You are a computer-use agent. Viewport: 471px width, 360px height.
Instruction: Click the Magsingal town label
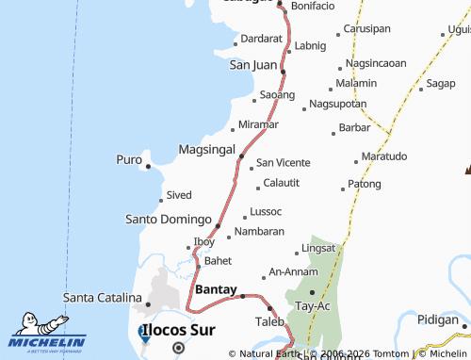[x=206, y=151]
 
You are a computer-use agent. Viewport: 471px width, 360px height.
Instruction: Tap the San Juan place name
[x=253, y=65]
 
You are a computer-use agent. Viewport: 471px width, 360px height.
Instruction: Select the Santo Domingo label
[x=169, y=219]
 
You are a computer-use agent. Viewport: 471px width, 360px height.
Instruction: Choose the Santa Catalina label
[x=102, y=298]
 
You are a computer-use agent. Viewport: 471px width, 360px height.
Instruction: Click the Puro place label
[x=129, y=159]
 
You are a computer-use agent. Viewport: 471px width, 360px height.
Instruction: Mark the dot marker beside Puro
[x=148, y=167]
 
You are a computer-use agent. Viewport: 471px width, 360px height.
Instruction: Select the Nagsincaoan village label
[x=376, y=63]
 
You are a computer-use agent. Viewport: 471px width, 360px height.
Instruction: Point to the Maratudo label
[x=384, y=155]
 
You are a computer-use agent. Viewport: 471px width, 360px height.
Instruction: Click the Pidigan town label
[x=438, y=320]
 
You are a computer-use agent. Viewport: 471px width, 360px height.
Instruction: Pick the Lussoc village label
[x=267, y=211]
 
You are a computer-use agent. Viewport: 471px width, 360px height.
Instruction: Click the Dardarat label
[x=262, y=39]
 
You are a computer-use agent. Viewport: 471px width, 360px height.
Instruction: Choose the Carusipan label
[x=366, y=28]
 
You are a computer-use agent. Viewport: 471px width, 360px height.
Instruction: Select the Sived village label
[x=179, y=195]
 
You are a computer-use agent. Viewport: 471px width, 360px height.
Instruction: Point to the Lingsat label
[x=317, y=249]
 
